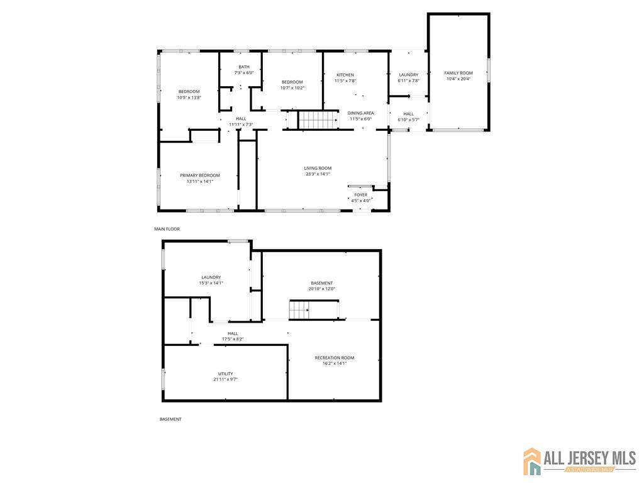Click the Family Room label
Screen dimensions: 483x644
click(458, 73)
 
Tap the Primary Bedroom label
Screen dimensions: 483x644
click(200, 175)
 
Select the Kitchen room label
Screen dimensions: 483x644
click(345, 75)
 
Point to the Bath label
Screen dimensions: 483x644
click(243, 67)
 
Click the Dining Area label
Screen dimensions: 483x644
click(360, 113)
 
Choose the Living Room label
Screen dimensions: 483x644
click(318, 168)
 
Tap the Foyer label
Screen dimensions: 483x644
click(360, 195)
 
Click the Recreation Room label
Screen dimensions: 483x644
click(334, 358)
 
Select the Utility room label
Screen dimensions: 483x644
click(225, 374)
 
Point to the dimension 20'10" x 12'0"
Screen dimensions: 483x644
click(321, 289)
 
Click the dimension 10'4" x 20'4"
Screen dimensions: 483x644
click(458, 79)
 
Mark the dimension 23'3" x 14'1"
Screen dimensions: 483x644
click(318, 174)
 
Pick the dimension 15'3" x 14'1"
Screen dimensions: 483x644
click(211, 283)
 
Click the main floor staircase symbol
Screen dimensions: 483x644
click(318, 119)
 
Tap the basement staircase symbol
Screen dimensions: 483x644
click(300, 309)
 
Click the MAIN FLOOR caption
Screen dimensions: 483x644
click(167, 229)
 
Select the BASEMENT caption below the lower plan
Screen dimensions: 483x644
click(170, 419)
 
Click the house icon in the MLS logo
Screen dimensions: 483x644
click(533, 462)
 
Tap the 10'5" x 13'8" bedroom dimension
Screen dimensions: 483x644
click(189, 97)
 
